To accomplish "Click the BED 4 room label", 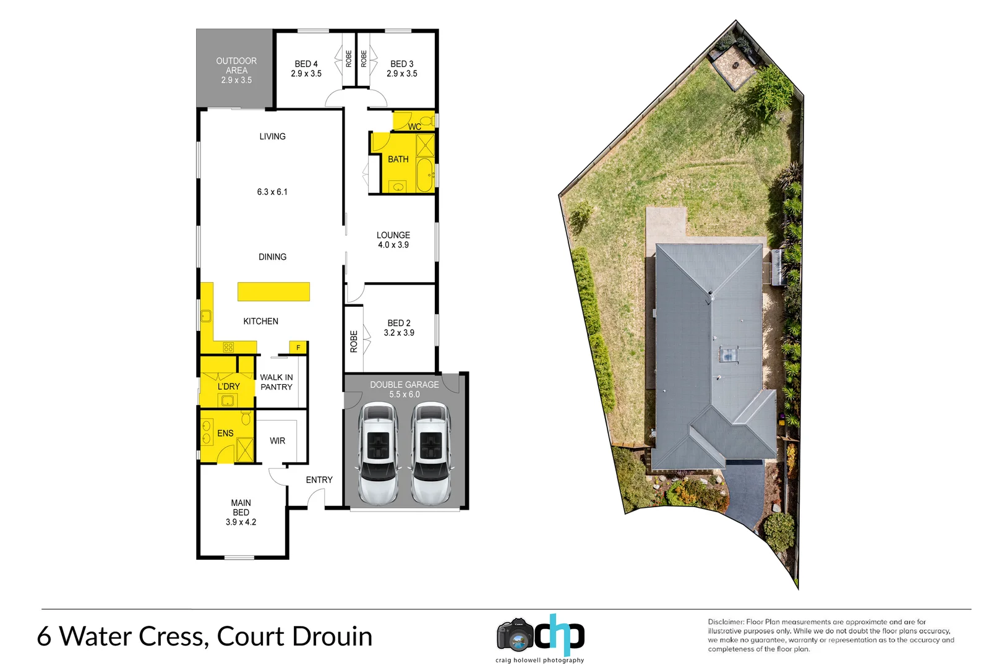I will click(x=306, y=64).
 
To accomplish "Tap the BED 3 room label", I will click(x=402, y=64).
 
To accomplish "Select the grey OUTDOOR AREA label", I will click(x=236, y=70).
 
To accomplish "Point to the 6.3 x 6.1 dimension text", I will click(x=272, y=192).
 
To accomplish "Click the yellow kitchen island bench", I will click(x=273, y=291).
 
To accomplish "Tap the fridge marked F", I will click(x=298, y=348).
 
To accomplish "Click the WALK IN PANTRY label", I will click(x=276, y=382).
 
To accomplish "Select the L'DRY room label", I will click(x=228, y=387).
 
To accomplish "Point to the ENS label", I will click(x=225, y=434).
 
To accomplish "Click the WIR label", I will click(x=277, y=441).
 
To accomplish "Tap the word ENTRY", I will click(x=319, y=480).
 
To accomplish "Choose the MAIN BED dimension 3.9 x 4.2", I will click(x=241, y=523).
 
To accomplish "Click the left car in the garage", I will click(x=379, y=453).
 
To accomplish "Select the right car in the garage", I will click(x=431, y=453).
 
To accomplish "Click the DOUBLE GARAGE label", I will click(x=405, y=385).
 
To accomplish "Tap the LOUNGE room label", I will click(x=393, y=236).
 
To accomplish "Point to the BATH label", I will click(x=398, y=160).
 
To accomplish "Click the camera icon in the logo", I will click(x=515, y=635).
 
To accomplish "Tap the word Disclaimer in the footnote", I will click(x=726, y=622).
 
